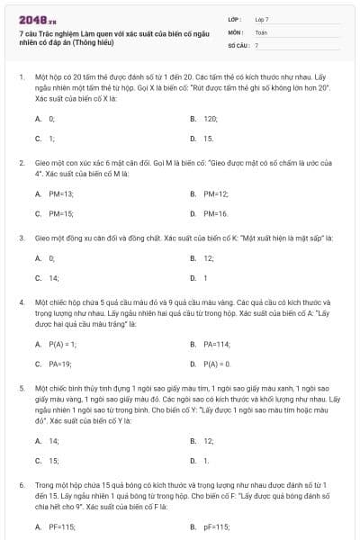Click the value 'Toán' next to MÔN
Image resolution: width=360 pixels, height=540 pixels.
point(261,31)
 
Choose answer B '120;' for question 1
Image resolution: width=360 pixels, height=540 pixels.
point(211,118)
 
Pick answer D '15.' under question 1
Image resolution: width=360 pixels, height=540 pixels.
point(208,139)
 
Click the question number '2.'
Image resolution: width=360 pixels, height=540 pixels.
point(22,163)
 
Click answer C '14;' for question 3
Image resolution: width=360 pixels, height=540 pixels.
point(53,278)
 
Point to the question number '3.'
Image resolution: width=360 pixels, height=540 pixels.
point(22,238)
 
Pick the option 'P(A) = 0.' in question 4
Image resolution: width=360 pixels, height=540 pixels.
point(217,364)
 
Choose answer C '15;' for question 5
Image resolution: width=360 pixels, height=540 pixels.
point(53,460)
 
